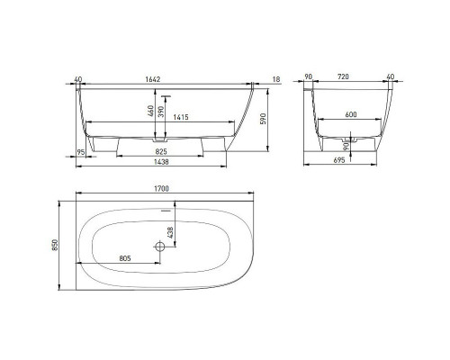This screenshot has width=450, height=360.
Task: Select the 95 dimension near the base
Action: (x=80, y=152)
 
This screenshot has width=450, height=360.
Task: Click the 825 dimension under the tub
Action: (x=159, y=152)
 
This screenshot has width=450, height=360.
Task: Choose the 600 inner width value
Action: (x=351, y=117)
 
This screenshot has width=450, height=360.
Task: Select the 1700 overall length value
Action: (x=160, y=190)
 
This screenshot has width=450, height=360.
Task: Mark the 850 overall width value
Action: (x=57, y=244)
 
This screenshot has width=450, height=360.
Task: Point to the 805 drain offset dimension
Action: (x=124, y=259)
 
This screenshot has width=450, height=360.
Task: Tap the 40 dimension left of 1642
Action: (x=79, y=79)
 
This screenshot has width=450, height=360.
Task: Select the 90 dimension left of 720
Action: (x=309, y=79)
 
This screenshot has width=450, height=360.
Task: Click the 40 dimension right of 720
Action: (x=390, y=79)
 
